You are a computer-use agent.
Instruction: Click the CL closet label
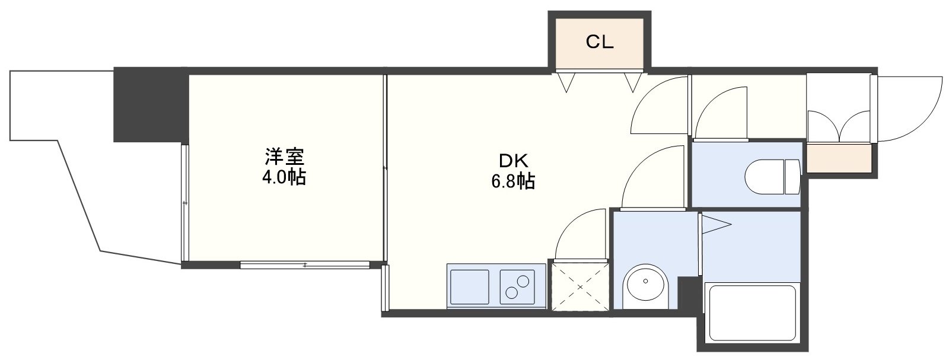(x=600, y=42)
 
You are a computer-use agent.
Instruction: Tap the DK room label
(x=514, y=161)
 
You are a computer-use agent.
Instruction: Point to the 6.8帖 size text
(x=513, y=182)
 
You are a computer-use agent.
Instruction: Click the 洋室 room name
(x=284, y=157)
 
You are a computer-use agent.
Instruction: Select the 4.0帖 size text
(x=284, y=177)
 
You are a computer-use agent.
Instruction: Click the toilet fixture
(x=772, y=177)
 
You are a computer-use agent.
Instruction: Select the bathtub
(x=752, y=318)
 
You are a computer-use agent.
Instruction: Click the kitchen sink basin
(x=469, y=286)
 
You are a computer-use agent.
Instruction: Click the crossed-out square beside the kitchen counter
(x=580, y=286)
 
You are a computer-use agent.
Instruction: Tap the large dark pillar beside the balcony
(x=151, y=104)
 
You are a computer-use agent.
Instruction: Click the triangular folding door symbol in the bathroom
(x=716, y=224)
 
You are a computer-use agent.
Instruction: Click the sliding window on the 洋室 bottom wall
(x=305, y=265)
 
